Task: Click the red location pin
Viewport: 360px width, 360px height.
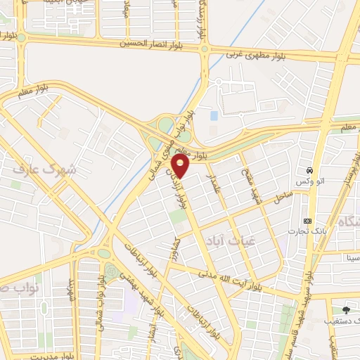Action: pyautogui.click(x=181, y=167)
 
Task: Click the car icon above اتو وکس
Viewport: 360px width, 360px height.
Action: pyautogui.click(x=309, y=171)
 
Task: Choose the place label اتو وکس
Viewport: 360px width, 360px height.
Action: pyautogui.click(x=309, y=182)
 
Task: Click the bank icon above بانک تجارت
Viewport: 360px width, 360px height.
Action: pyautogui.click(x=307, y=220)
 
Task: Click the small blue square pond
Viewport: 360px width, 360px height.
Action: pyautogui.click(x=214, y=115)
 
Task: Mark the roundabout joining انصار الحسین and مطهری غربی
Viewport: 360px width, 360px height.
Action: pyautogui.click(x=205, y=49)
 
